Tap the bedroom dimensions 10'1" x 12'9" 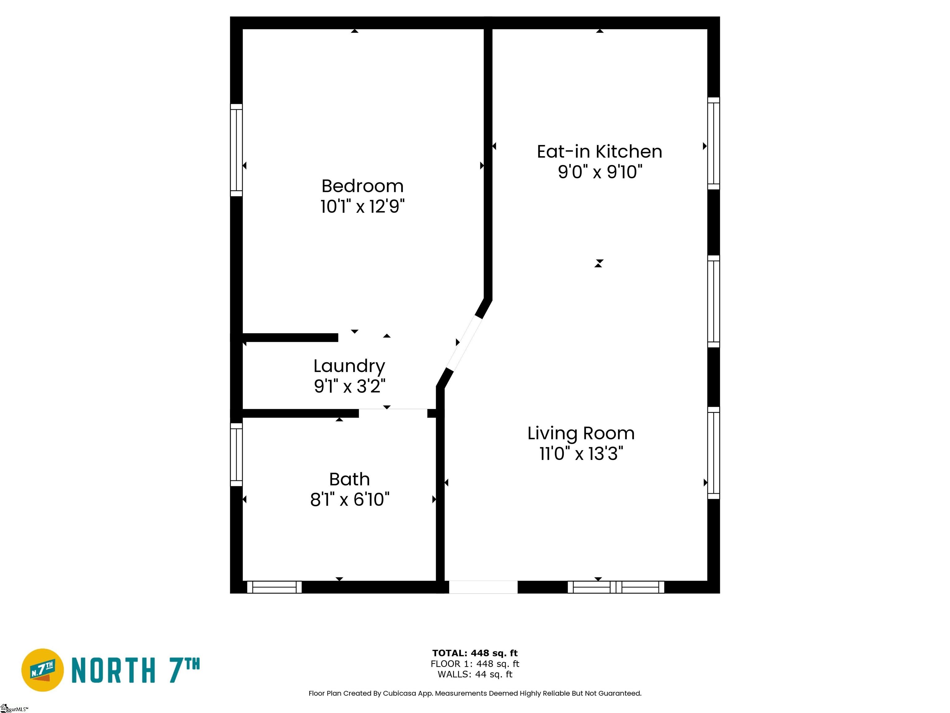[362, 207]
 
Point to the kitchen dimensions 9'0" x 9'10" [600, 172]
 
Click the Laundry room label [349, 366]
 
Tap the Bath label [349, 479]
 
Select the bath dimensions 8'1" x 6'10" [349, 499]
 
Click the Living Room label [581, 433]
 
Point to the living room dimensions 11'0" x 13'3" [581, 453]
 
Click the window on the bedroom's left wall [236, 150]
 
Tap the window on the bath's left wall [236, 454]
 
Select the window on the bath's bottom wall [274, 587]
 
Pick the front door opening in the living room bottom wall [483, 587]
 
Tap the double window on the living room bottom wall [616, 587]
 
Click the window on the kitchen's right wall [713, 143]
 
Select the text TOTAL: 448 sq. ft [475, 653]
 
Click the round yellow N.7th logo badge [42, 670]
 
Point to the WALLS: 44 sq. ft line [475, 674]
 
